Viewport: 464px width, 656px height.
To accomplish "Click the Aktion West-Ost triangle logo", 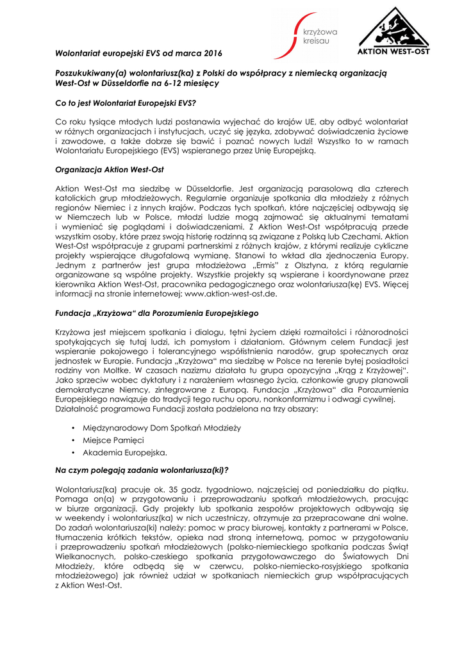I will click(393, 31).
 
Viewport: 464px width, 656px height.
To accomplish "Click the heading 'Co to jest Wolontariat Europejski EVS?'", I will click(126, 102).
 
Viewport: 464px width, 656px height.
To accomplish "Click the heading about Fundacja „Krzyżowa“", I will click(156, 313).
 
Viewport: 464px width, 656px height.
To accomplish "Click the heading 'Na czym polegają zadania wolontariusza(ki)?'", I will click(142, 470).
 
